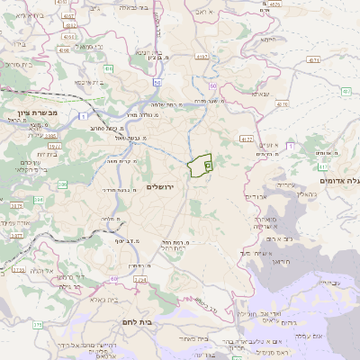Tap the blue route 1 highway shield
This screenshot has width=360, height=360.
[x=82, y=116]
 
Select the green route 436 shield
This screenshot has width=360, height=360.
[x=109, y=67]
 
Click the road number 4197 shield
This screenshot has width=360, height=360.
[x=201, y=57]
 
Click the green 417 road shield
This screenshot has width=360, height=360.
[x=323, y=166]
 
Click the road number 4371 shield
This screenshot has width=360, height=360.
[x=313, y=59]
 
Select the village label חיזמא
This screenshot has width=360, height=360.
[x=267, y=40]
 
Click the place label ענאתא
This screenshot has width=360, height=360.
[x=260, y=94]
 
